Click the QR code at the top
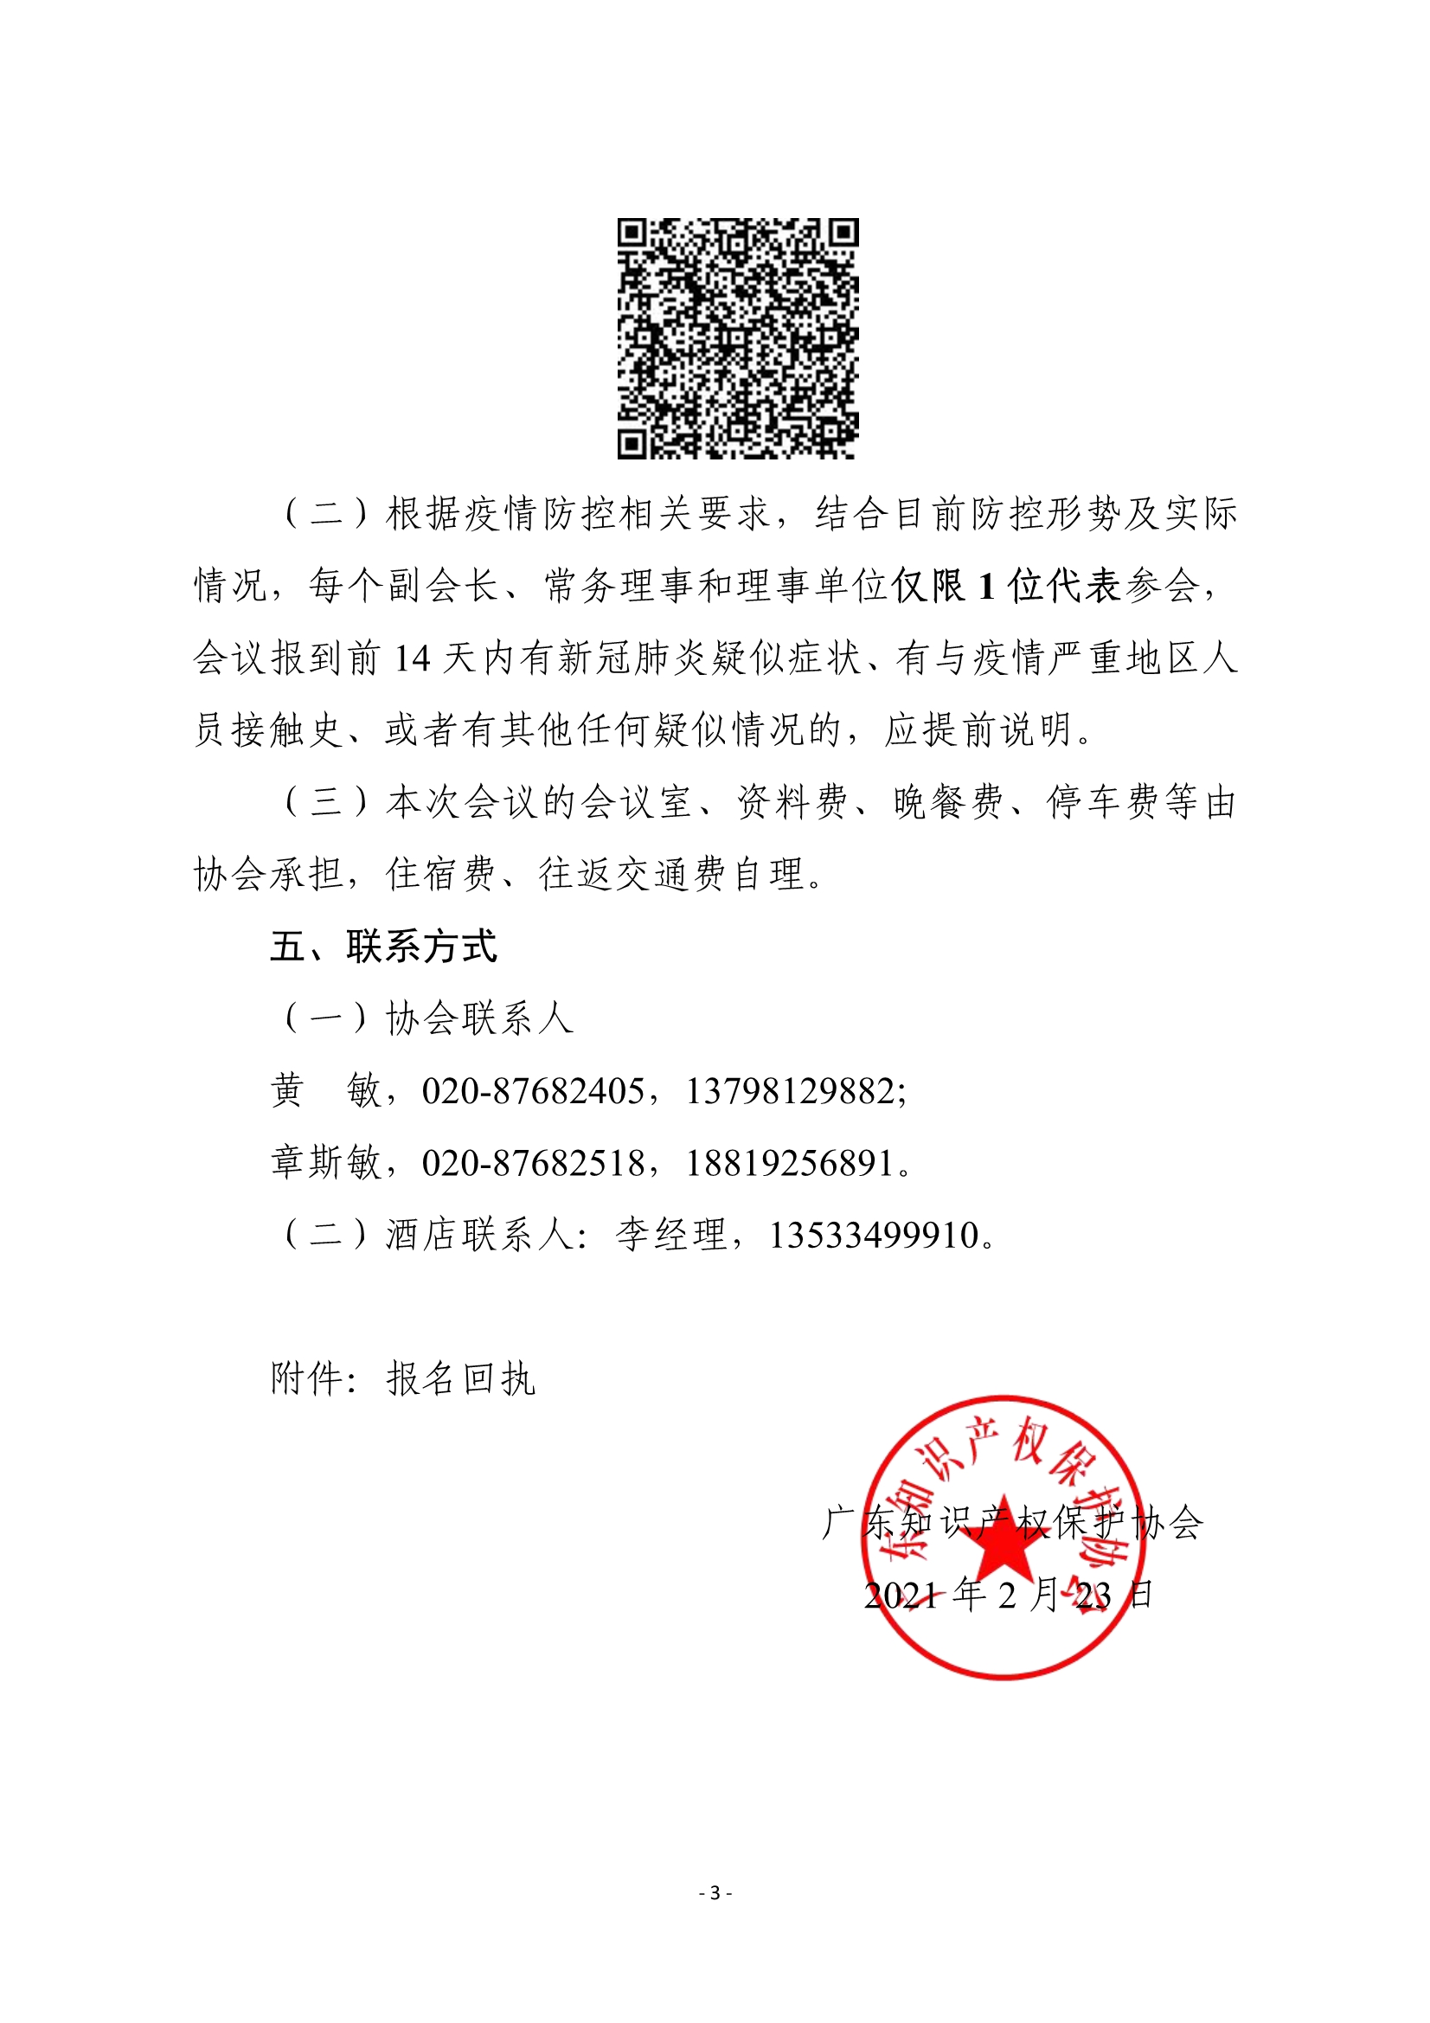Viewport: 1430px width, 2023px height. point(737,338)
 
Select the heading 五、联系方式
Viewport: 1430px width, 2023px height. point(383,947)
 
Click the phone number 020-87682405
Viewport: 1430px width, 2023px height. point(533,1091)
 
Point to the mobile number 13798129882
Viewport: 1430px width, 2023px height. point(791,1091)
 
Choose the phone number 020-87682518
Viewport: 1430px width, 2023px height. point(533,1163)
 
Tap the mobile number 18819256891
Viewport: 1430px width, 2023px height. point(791,1163)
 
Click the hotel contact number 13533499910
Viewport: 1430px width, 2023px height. point(874,1236)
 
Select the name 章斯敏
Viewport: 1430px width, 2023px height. point(326,1163)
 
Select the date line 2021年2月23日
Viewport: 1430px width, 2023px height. point(1008,1595)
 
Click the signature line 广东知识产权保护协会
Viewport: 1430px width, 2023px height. point(1012,1523)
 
